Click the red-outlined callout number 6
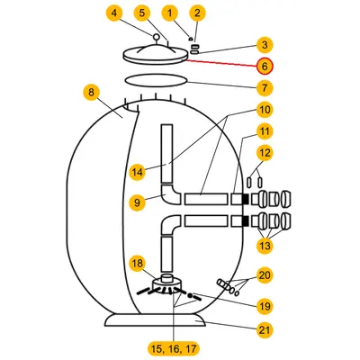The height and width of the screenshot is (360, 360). pos(265,66)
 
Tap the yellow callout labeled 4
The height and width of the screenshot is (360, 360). pos(114,13)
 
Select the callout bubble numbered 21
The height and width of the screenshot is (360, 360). pos(265,330)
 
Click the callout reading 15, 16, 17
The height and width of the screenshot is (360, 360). pos(174,349)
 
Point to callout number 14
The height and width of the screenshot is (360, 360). pos(137,172)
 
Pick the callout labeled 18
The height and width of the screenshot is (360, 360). pos(137,264)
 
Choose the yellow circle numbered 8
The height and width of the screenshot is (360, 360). pos(91,92)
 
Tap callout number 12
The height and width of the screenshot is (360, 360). pos(265,153)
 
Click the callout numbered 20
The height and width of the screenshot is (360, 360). pos(265,275)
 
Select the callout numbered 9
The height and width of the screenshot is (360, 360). pos(137,202)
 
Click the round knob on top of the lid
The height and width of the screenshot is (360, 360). pos(156,37)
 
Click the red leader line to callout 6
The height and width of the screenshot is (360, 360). pos(221,63)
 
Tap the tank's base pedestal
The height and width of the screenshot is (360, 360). pos(155,320)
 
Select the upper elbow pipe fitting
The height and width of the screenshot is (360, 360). pos(169,195)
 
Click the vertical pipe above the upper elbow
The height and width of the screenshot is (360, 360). pos(166,154)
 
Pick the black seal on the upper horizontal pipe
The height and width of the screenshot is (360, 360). pos(245,199)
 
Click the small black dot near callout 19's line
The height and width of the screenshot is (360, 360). pos(190,296)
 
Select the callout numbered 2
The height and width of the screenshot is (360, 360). pos(197,13)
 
